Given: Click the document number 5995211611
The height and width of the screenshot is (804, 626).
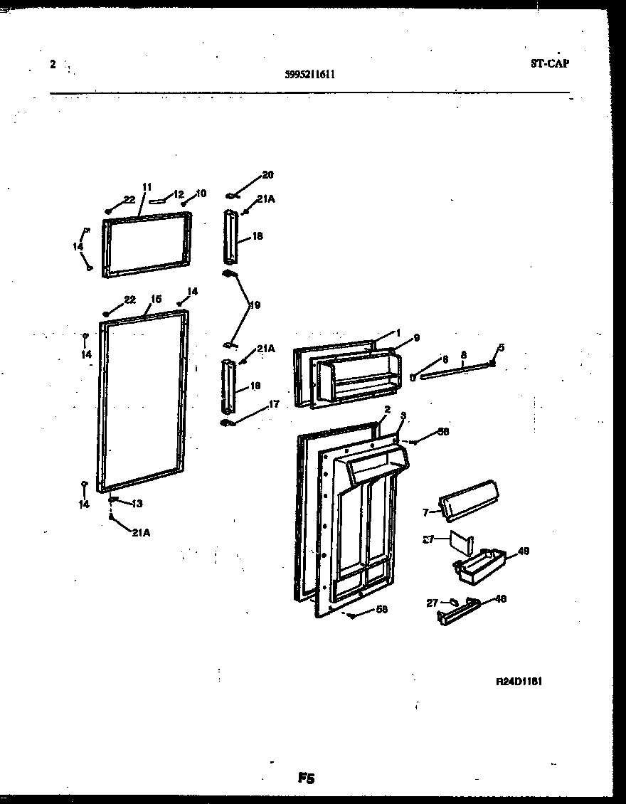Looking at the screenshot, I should click(309, 73).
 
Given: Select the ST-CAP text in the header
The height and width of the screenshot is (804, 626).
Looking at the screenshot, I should click(549, 63).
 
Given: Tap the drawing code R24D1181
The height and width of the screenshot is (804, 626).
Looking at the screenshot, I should click(519, 681).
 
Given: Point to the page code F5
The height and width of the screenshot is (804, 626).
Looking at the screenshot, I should click(306, 779).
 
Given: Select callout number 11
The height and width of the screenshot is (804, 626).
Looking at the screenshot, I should click(147, 187).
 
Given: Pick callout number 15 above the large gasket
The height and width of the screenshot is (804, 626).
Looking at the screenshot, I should click(156, 300).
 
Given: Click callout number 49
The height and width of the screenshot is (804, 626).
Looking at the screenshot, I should click(524, 551).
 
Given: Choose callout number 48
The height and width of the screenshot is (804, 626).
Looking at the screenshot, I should click(500, 599).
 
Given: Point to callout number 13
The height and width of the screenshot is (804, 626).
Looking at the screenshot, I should click(137, 504).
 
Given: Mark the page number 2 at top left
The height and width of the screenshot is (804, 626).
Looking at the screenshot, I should click(53, 64).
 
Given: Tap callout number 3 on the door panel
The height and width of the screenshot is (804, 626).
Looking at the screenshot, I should click(403, 416).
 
